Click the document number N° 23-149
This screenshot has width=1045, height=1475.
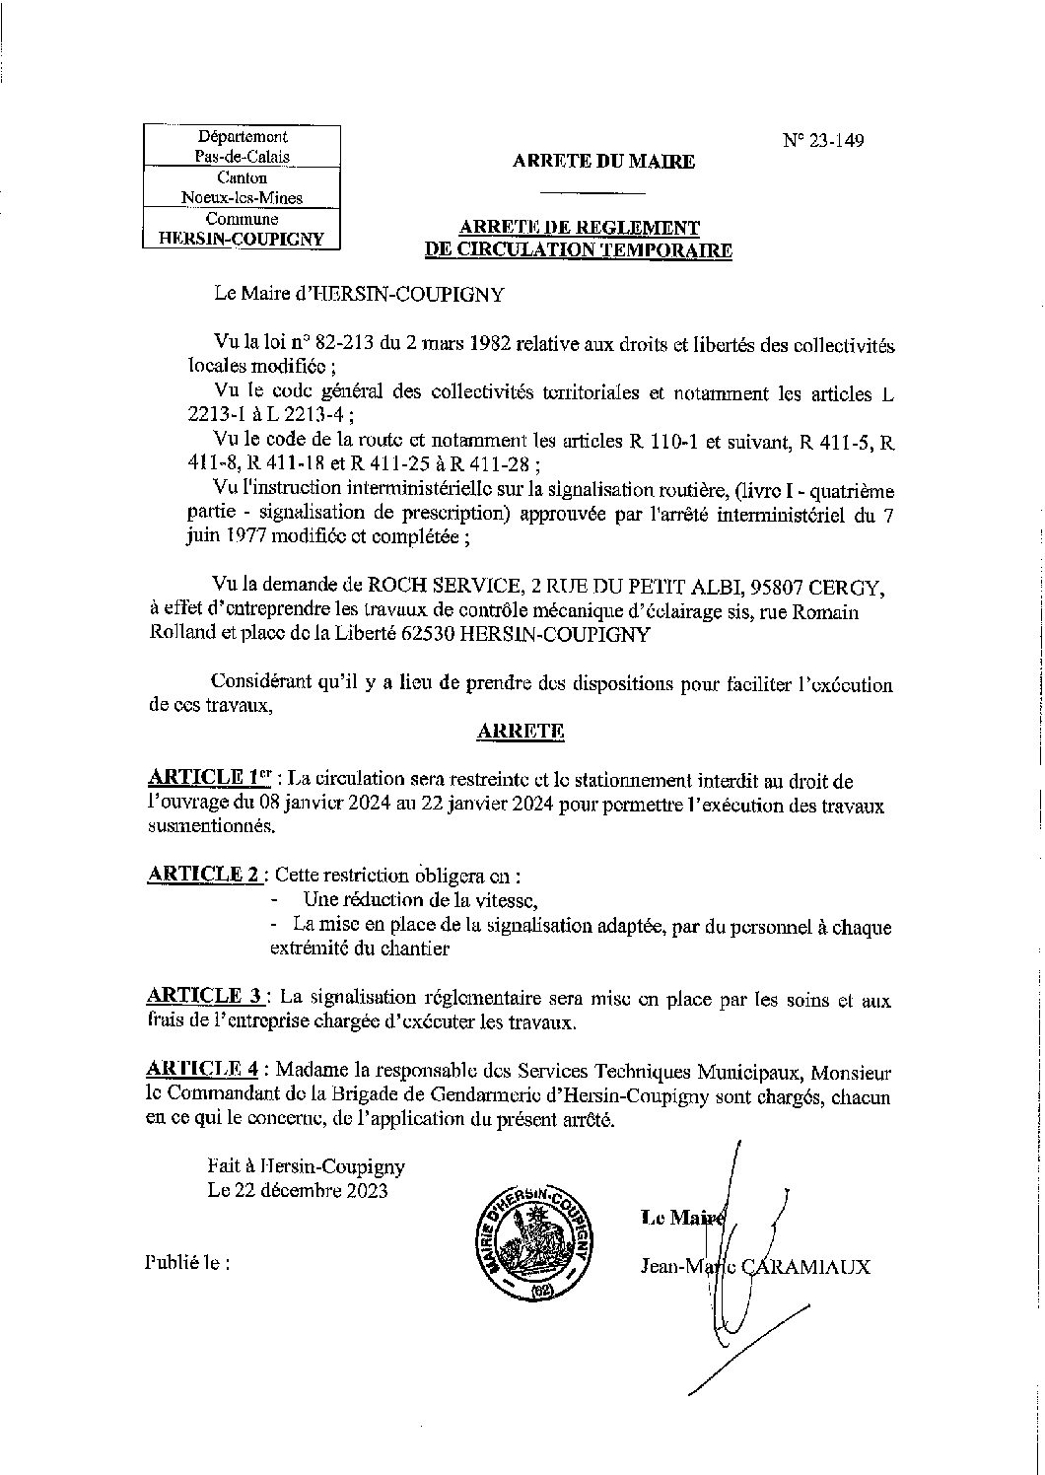pyautogui.click(x=823, y=141)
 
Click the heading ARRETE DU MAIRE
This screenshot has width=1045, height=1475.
pyautogui.click(x=603, y=163)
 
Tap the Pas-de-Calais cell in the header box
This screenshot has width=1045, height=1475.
pyautogui.click(x=242, y=157)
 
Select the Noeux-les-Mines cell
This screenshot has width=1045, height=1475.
pyautogui.click(x=242, y=197)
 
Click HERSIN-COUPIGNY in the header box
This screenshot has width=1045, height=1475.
pyautogui.click(x=242, y=238)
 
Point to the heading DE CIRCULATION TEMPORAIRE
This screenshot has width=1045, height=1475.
pyautogui.click(x=578, y=250)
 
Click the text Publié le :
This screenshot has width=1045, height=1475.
pyautogui.click(x=187, y=1262)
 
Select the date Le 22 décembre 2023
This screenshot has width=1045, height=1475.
pyautogui.click(x=298, y=1190)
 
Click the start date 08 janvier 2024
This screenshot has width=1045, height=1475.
pyautogui.click(x=349, y=805)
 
